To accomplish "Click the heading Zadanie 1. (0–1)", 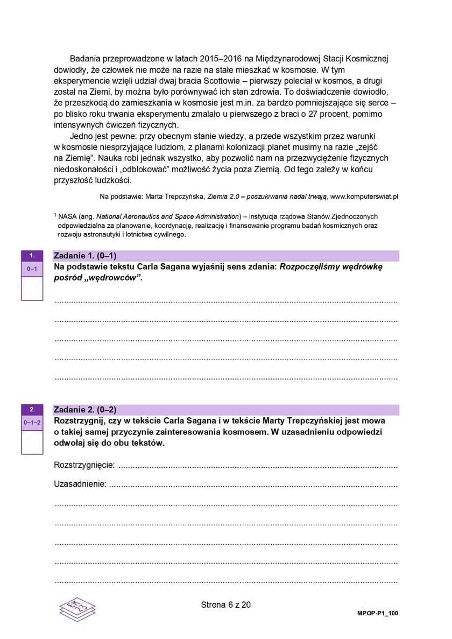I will (85, 256).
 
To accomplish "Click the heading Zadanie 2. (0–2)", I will (85, 410).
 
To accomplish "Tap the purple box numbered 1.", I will (32, 255).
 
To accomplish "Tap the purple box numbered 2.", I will (32, 409).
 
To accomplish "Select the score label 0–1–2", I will (32, 423).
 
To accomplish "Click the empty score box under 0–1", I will (32, 289).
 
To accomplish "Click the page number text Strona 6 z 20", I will (225, 605).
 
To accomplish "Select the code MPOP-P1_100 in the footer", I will (378, 613).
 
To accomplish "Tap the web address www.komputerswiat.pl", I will (364, 197).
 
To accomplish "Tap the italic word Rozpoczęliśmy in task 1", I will (313, 267).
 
